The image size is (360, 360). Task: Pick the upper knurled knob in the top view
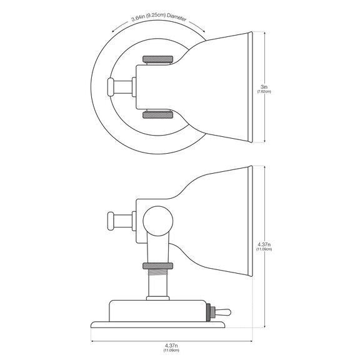point(158,59)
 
